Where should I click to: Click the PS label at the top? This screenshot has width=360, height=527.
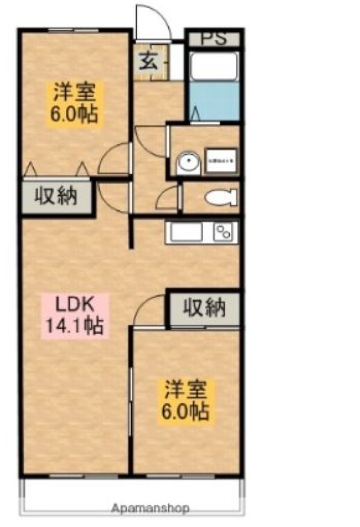click(x=214, y=39)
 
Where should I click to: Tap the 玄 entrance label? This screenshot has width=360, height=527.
click(x=149, y=62)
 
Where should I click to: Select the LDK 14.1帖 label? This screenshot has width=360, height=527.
click(x=75, y=315)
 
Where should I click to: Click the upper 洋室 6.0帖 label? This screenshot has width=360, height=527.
click(x=74, y=103)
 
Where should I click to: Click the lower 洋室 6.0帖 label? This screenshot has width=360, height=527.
click(x=185, y=400)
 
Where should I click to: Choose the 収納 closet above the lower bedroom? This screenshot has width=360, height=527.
click(x=204, y=308)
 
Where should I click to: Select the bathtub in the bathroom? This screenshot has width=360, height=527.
click(x=214, y=66)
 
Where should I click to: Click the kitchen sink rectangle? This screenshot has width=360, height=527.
click(x=186, y=232)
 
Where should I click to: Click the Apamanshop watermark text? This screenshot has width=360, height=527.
click(x=150, y=509)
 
